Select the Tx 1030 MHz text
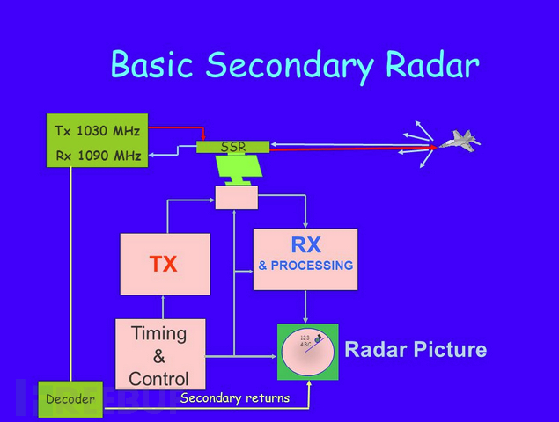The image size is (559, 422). (97, 131)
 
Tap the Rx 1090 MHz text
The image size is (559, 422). (97, 157)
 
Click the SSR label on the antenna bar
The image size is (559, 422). (233, 147)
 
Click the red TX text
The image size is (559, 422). (164, 264)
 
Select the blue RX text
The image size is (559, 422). (305, 246)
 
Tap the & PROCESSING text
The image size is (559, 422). (305, 266)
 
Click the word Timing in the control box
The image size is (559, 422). (159, 334)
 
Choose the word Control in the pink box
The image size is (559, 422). (159, 379)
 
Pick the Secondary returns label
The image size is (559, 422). (234, 398)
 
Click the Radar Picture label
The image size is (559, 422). (415, 350)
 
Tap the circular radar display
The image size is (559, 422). (308, 353)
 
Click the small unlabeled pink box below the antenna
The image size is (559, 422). (237, 198)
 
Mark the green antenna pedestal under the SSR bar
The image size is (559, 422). (237, 171)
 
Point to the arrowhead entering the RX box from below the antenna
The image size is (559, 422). (305, 225)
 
